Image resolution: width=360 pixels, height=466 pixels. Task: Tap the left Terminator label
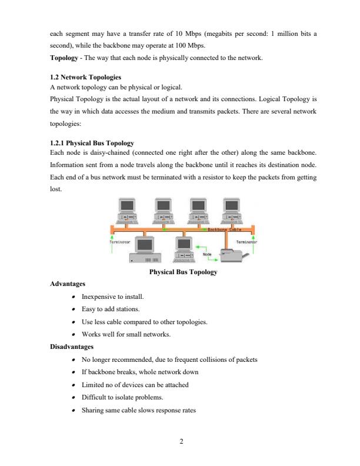pos(120,241)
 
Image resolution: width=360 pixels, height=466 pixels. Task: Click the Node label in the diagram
pos(207,254)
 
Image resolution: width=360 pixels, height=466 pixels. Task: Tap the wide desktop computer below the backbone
pos(144,250)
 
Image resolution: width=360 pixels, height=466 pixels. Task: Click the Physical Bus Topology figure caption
pos(184,272)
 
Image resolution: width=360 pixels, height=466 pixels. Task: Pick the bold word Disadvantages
pos(73,347)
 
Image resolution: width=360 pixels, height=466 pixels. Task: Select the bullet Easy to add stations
pos(110,309)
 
